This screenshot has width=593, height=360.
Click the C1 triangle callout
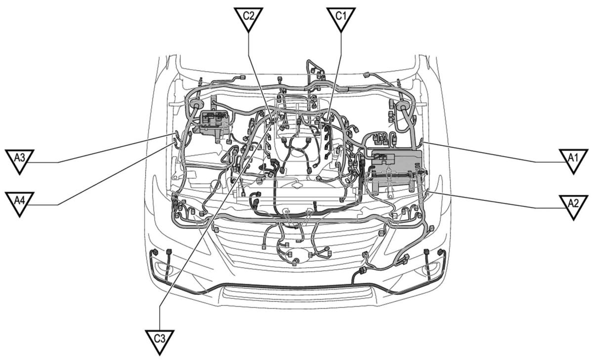click(x=341, y=18)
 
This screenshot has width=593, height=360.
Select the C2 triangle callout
click(x=248, y=18)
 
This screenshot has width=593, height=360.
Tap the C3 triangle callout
click(x=160, y=341)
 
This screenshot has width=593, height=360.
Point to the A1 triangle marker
click(x=573, y=160)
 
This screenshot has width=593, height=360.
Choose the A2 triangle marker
click(x=573, y=206)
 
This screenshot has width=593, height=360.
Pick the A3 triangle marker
click(x=19, y=160)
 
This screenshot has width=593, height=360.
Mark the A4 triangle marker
click(x=19, y=203)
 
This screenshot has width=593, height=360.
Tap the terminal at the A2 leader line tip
click(x=427, y=192)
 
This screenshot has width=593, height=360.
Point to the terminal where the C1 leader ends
click(x=328, y=120)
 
